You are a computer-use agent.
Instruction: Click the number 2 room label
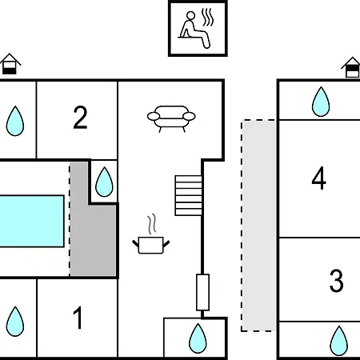(x=80, y=118)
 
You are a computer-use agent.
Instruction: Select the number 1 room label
(x=78, y=318)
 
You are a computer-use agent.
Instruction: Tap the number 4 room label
(x=318, y=178)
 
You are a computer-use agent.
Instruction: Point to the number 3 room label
(x=336, y=281)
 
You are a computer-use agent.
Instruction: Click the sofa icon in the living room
(x=171, y=119)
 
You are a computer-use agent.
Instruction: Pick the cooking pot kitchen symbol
(x=151, y=245)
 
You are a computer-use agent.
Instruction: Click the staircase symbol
(x=188, y=195)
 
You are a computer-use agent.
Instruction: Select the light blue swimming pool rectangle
(x=32, y=221)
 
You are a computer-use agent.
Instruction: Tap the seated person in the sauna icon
(x=194, y=30)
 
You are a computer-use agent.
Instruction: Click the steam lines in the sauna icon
(x=207, y=18)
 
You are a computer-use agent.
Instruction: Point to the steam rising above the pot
(x=152, y=224)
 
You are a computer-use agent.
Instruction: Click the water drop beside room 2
(x=15, y=121)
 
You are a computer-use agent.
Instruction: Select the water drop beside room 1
(x=15, y=322)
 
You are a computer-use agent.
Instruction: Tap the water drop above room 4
(x=321, y=102)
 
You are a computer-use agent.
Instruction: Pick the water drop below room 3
(x=339, y=341)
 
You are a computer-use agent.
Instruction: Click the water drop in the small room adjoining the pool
(x=104, y=182)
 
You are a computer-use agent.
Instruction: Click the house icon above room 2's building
(x=10, y=64)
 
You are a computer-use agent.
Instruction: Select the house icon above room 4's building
(x=351, y=67)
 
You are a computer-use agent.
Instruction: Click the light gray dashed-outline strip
(x=258, y=226)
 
